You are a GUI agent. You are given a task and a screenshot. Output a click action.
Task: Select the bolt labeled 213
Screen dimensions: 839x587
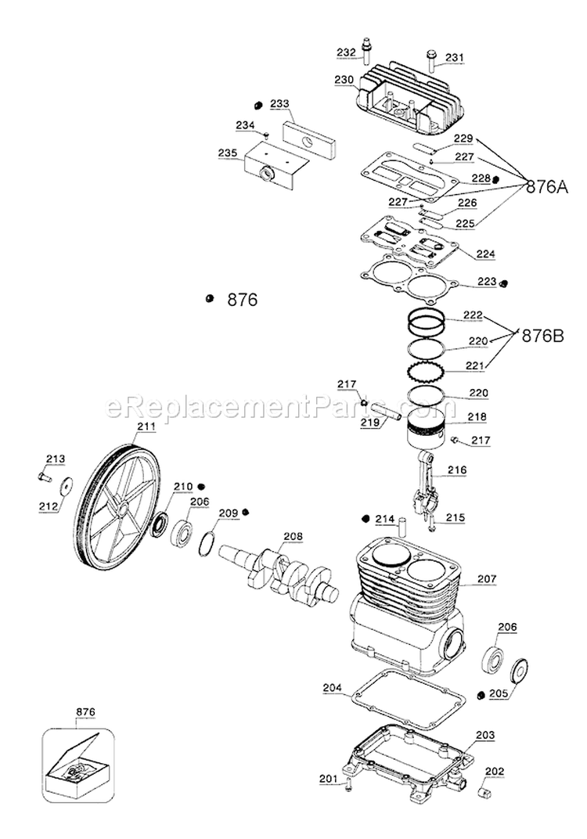click(x=42, y=474)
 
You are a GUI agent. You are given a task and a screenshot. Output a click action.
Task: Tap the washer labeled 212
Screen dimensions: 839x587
click(x=65, y=485)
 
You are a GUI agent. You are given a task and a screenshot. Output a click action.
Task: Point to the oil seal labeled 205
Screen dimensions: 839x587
click(x=517, y=672)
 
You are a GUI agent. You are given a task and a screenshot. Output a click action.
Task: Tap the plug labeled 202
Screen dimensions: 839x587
click(x=482, y=794)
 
